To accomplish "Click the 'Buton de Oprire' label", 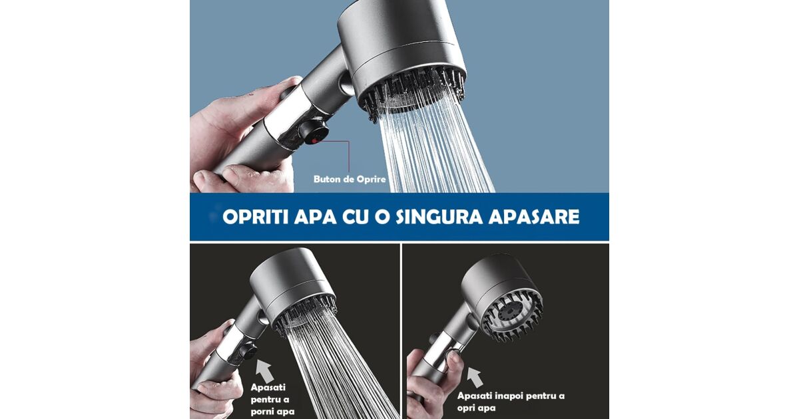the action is pos(350,179).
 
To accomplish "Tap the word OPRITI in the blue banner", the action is pos(255,217).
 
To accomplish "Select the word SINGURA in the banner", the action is pos(439,217).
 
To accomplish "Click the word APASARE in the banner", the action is pos(534,217).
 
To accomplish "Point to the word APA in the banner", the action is pos(316,217).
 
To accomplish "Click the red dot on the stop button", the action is pos(314,141).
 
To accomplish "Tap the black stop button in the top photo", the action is pos(313,132).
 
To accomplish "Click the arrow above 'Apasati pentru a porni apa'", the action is pos(264,370).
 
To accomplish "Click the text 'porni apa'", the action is pos(272,412).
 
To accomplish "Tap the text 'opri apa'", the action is pos(476,408).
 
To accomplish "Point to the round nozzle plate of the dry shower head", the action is pos(511,313).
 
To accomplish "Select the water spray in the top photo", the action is pos(433,142).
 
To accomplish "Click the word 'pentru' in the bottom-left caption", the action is pos(270,400).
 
